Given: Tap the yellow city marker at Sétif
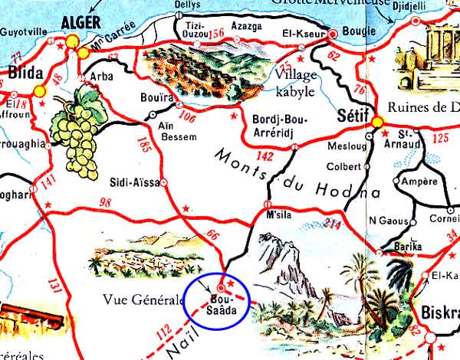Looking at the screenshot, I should tap(376, 123).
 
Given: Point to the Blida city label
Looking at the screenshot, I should tap(23, 74).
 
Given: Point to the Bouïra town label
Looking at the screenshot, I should tap(156, 98).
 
